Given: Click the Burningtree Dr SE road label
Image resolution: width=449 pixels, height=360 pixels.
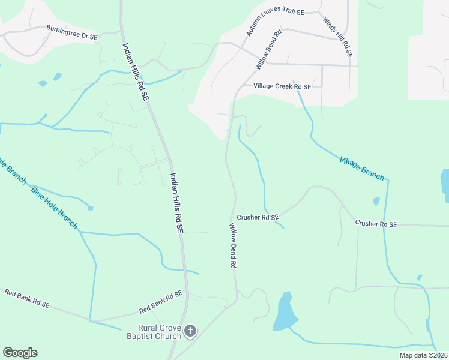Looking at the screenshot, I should (x=72, y=32).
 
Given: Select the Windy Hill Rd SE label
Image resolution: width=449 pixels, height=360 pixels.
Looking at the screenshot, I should (x=337, y=37).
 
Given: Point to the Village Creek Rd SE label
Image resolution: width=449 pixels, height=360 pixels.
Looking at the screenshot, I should (x=282, y=86).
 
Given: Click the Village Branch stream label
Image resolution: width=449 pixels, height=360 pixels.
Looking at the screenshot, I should (x=361, y=168).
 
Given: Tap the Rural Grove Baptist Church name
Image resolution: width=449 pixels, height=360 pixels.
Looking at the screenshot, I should (x=160, y=332).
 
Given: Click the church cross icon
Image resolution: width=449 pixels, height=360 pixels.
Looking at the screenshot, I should (x=190, y=331).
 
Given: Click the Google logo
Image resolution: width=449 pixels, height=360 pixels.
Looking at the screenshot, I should (x=20, y=353).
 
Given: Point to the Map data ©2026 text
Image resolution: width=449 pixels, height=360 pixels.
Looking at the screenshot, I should (x=423, y=355).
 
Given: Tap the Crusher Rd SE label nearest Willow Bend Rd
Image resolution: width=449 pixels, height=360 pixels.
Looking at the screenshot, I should (x=258, y=217).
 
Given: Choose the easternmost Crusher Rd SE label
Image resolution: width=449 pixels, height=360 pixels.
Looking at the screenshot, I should (x=376, y=223).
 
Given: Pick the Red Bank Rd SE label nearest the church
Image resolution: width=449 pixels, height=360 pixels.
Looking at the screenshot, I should (x=160, y=302).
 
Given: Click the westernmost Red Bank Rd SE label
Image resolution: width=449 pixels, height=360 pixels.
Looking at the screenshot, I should (x=27, y=298).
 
